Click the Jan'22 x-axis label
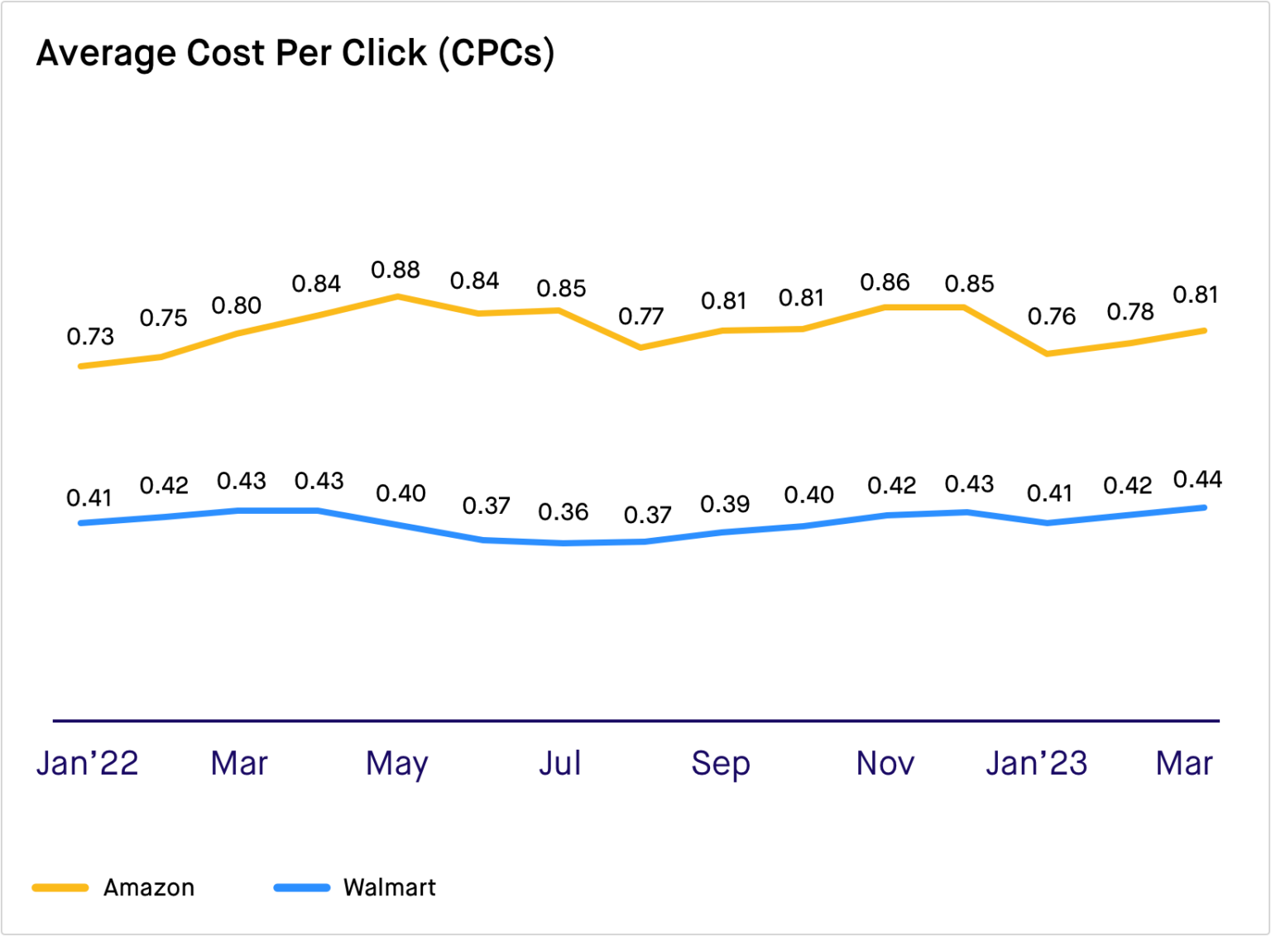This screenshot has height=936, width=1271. [87, 763]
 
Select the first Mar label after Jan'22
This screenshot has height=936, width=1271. [239, 763]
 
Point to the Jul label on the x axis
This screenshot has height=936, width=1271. [560, 763]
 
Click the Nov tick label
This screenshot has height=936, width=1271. [885, 763]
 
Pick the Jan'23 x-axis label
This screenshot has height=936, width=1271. [1036, 763]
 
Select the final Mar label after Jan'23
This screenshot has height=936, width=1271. [1185, 763]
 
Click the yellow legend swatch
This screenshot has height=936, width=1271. [60, 888]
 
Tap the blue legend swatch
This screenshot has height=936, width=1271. [302, 888]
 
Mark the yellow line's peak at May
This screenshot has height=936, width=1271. [398, 296]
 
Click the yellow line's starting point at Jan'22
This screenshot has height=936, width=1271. [80, 365]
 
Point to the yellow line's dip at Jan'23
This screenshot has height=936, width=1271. [1048, 353]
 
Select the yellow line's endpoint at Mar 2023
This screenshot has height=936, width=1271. [1204, 331]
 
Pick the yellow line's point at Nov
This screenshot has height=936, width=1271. [885, 308]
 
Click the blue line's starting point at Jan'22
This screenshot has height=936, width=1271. [80, 523]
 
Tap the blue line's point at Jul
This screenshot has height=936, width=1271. [560, 543]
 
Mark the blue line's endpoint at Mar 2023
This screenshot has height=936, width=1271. [1204, 507]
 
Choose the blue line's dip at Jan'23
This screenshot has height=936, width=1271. [1048, 522]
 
